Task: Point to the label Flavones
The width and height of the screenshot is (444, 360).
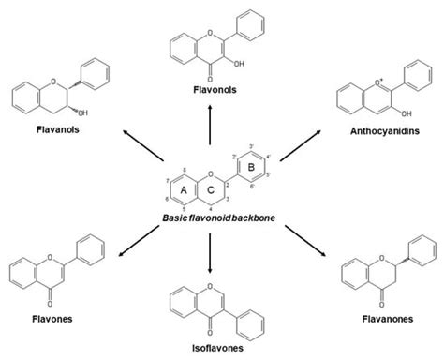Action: tap(42, 318)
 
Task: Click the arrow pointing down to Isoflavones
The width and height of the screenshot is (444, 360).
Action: tap(210, 247)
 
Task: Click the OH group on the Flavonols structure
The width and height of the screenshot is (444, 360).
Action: tap(241, 66)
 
